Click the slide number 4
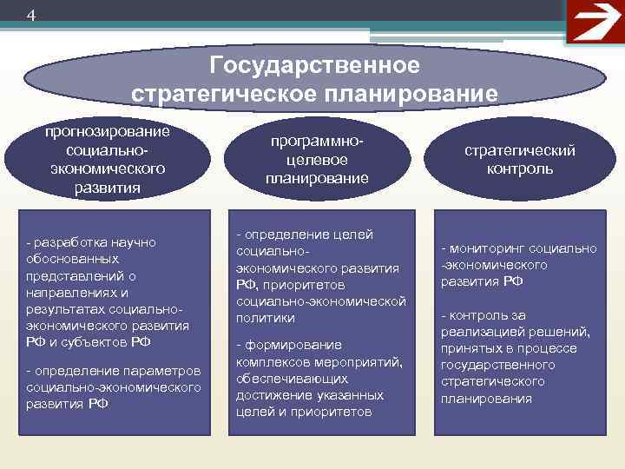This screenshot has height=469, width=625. point(31,16)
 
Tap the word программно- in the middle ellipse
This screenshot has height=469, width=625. point(317,142)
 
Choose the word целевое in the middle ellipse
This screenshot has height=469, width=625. point(317,160)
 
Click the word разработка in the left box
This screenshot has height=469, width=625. point(70,241)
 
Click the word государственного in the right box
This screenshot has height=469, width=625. point(497,365)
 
